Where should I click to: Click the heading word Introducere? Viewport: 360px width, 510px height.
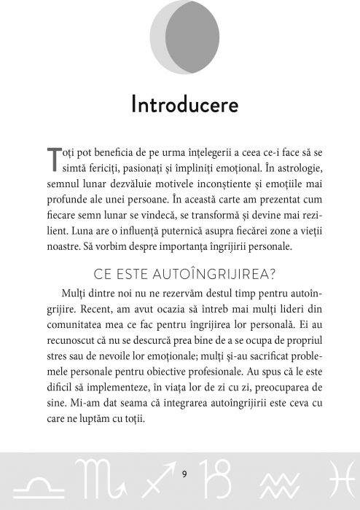184,105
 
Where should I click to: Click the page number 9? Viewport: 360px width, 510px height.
184,474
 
